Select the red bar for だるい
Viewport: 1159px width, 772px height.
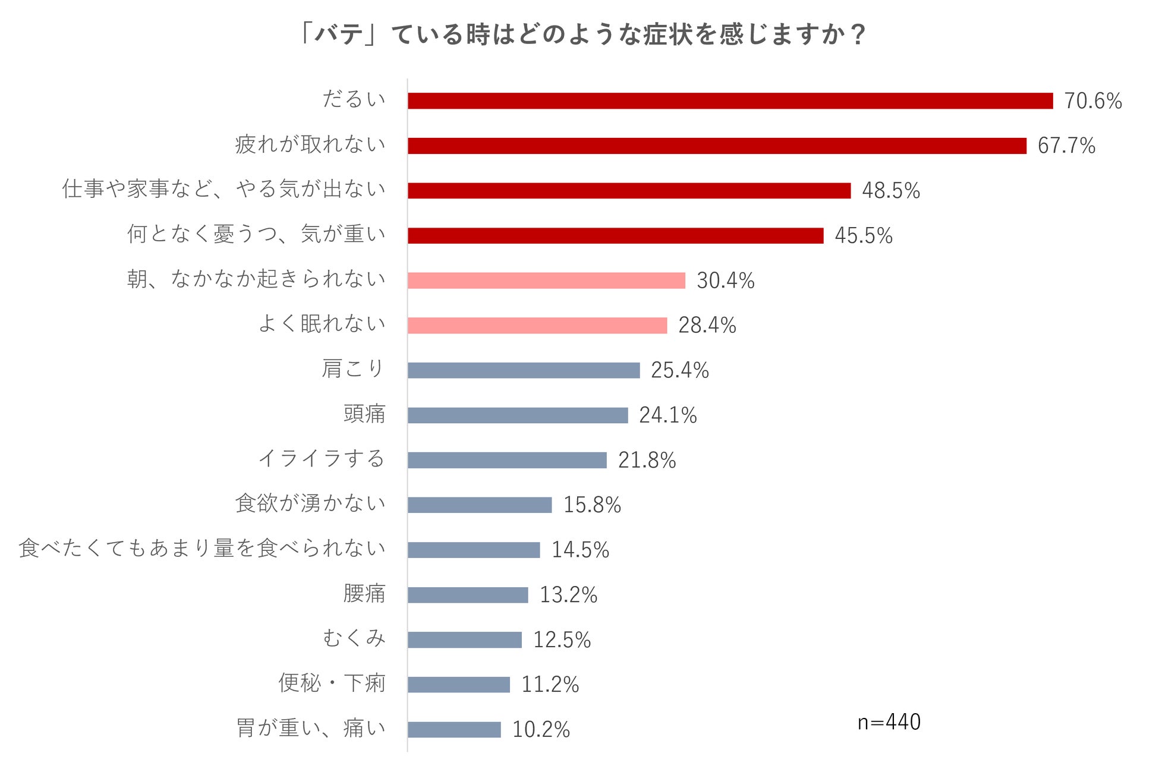coord(730,101)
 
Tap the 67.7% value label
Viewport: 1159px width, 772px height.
coord(1066,146)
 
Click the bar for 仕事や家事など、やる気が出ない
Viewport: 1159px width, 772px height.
coord(629,191)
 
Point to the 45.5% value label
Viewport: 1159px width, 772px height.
coord(864,235)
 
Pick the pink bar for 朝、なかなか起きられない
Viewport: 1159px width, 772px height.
coord(546,281)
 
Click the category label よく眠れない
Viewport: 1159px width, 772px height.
coord(322,324)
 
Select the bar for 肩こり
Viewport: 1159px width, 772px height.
coord(524,370)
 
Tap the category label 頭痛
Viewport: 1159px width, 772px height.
coord(364,414)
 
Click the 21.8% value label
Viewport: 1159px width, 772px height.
coord(647,460)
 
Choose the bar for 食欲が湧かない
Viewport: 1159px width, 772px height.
coord(480,505)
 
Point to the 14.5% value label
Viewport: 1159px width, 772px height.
coord(580,550)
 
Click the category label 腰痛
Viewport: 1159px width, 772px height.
coord(364,594)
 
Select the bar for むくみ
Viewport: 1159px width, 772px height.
coord(464,640)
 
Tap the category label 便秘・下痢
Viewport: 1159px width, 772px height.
coord(332,683)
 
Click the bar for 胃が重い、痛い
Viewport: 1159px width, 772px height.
coord(454,730)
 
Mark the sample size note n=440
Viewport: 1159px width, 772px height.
coord(889,722)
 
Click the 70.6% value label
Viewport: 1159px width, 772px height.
coord(1092,101)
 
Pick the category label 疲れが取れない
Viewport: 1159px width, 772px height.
coord(310,144)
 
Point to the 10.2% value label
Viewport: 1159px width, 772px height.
coord(541,730)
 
